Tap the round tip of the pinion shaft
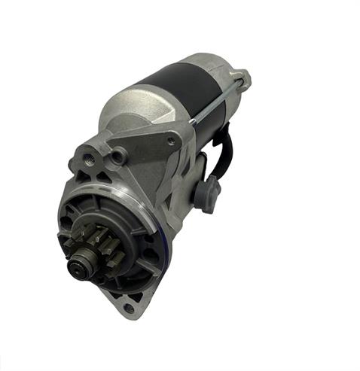(x=77, y=266)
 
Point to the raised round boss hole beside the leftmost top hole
(x=117, y=157)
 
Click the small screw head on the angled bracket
(x=172, y=141)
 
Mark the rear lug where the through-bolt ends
(x=242, y=78)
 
